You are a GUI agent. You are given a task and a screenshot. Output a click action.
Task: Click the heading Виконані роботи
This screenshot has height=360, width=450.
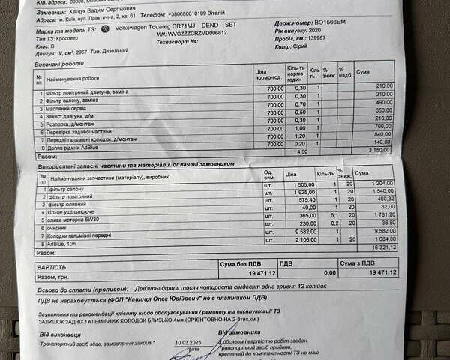(55, 64)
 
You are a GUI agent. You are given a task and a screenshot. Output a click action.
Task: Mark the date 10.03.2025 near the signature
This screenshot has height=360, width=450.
(192, 342)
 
